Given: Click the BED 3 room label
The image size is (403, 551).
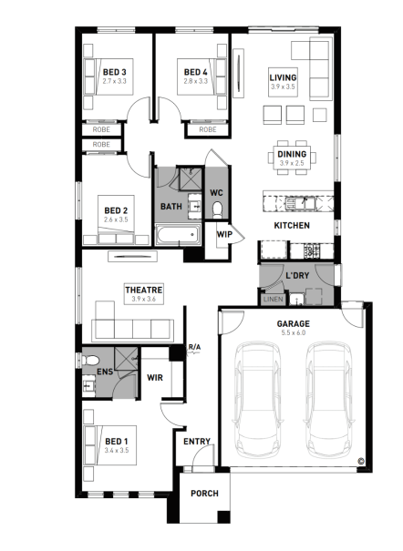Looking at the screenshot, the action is [x=114, y=72].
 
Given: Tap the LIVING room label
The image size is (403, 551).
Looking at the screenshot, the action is [x=283, y=77].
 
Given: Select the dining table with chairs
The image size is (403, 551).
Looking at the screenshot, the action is [x=292, y=158].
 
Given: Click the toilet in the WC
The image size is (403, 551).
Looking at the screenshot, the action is [x=217, y=209].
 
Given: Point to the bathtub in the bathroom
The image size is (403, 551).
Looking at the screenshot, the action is [x=178, y=234].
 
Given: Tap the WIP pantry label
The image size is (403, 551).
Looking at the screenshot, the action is [x=224, y=234].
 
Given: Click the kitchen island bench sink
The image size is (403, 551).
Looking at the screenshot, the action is [x=300, y=203].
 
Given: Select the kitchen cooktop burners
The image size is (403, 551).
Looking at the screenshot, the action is [x=312, y=250].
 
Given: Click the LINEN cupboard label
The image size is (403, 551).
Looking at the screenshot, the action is [x=273, y=299].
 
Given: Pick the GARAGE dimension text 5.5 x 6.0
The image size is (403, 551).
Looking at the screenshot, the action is [x=294, y=332].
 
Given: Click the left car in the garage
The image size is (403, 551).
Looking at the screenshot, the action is [x=257, y=399].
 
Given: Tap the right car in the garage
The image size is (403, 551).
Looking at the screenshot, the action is [x=329, y=399].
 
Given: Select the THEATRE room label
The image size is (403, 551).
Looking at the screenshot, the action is [x=144, y=290].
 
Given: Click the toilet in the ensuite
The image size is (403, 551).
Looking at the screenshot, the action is [x=90, y=360].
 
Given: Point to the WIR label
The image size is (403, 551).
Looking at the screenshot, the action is [x=155, y=378].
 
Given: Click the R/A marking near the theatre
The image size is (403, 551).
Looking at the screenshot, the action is [x=194, y=347].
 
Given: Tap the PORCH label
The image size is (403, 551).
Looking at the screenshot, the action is [x=204, y=494].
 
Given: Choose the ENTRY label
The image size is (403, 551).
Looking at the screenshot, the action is [x=197, y=442].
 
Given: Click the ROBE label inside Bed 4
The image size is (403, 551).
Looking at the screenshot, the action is [x=208, y=129].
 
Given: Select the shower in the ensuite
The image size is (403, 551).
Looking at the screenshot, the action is [x=126, y=358].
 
